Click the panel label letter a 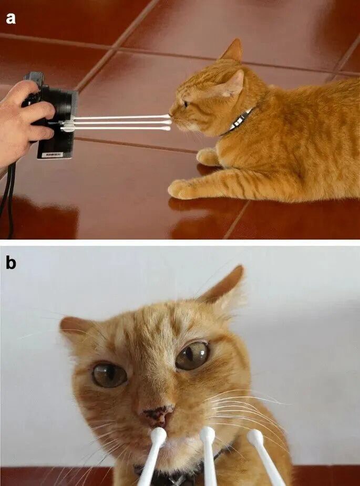click(x=11, y=18)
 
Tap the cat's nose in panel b click(x=158, y=415)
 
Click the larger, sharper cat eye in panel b click(x=192, y=356)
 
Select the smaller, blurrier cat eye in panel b click(x=110, y=375)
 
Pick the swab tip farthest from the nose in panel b click(x=255, y=438)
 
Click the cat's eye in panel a click(x=186, y=104)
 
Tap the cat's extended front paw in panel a click(x=181, y=189)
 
